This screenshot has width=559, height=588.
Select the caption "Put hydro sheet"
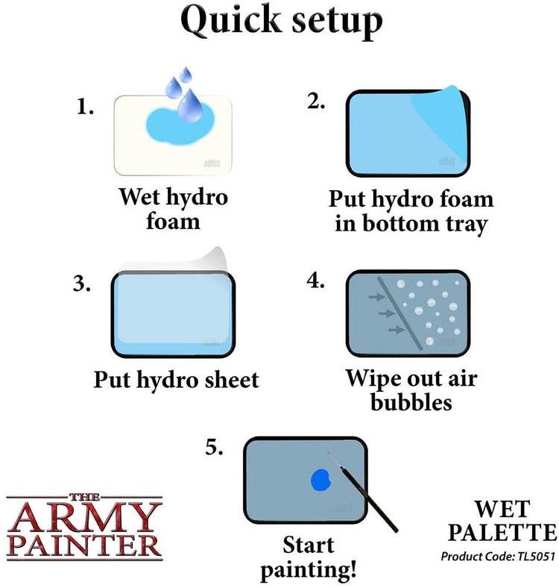176,378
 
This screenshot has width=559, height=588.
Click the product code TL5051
498,557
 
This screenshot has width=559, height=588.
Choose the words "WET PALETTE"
503,522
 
